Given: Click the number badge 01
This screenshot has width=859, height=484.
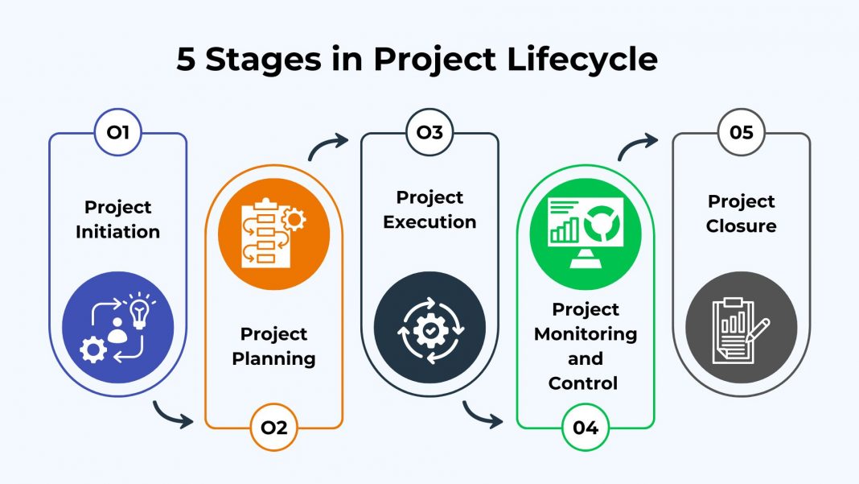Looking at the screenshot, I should tap(118, 132).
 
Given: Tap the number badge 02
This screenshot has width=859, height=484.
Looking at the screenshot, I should tap(273, 428).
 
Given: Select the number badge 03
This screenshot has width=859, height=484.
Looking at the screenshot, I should tap(429, 132).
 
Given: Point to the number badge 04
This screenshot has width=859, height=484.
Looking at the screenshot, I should tap(586, 428).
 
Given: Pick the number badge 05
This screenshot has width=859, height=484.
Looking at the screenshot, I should tap(741, 132).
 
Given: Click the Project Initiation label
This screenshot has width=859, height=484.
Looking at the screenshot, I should tap(118, 219).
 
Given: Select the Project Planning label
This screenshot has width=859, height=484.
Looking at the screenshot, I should tap(273, 345).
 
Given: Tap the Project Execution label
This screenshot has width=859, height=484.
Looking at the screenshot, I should tap(429, 209).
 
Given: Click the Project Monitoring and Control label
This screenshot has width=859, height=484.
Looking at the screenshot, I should tap(586, 345).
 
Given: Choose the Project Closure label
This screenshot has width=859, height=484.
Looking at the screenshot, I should tap(741, 213).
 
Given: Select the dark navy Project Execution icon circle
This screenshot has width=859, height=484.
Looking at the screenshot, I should tap(429, 327).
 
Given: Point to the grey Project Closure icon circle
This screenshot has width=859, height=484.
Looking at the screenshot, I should tap(741, 327).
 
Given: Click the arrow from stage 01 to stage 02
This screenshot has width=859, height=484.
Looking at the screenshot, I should tap(175, 414).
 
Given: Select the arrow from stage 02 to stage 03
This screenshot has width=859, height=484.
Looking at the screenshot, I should tap(327, 146).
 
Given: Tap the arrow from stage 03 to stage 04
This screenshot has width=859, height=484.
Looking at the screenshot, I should tap(485, 414).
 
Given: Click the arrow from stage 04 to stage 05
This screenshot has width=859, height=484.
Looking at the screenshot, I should tap(638, 146).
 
